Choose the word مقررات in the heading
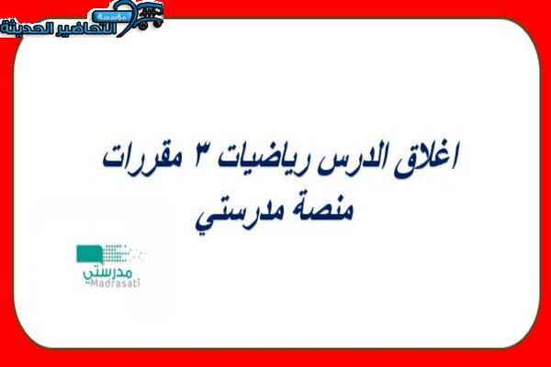142,161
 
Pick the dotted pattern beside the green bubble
123,253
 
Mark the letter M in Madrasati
94,284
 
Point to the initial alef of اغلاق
455,157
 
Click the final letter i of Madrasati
139,284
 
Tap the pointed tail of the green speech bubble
101,262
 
